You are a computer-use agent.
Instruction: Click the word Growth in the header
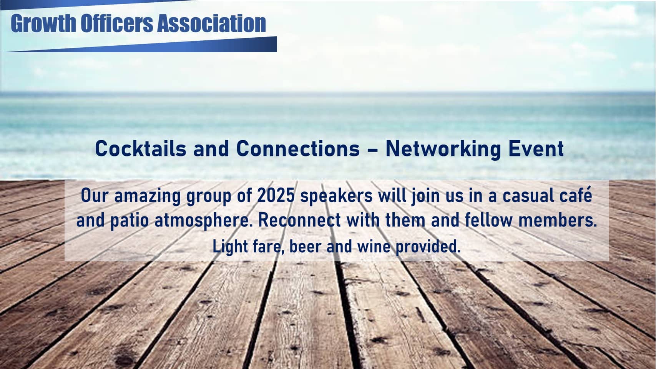43,23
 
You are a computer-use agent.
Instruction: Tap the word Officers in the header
117,23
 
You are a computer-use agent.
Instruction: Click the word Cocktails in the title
141,148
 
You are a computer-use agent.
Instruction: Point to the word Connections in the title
298,148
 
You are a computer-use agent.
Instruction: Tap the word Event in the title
536,148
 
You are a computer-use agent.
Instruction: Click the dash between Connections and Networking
372,150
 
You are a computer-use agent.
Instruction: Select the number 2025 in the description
276,195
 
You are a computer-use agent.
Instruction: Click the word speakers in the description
336,196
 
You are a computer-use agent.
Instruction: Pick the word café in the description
576,195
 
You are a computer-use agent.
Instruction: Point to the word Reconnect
300,220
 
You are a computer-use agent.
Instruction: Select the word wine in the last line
374,246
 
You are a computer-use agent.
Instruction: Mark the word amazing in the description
147,196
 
